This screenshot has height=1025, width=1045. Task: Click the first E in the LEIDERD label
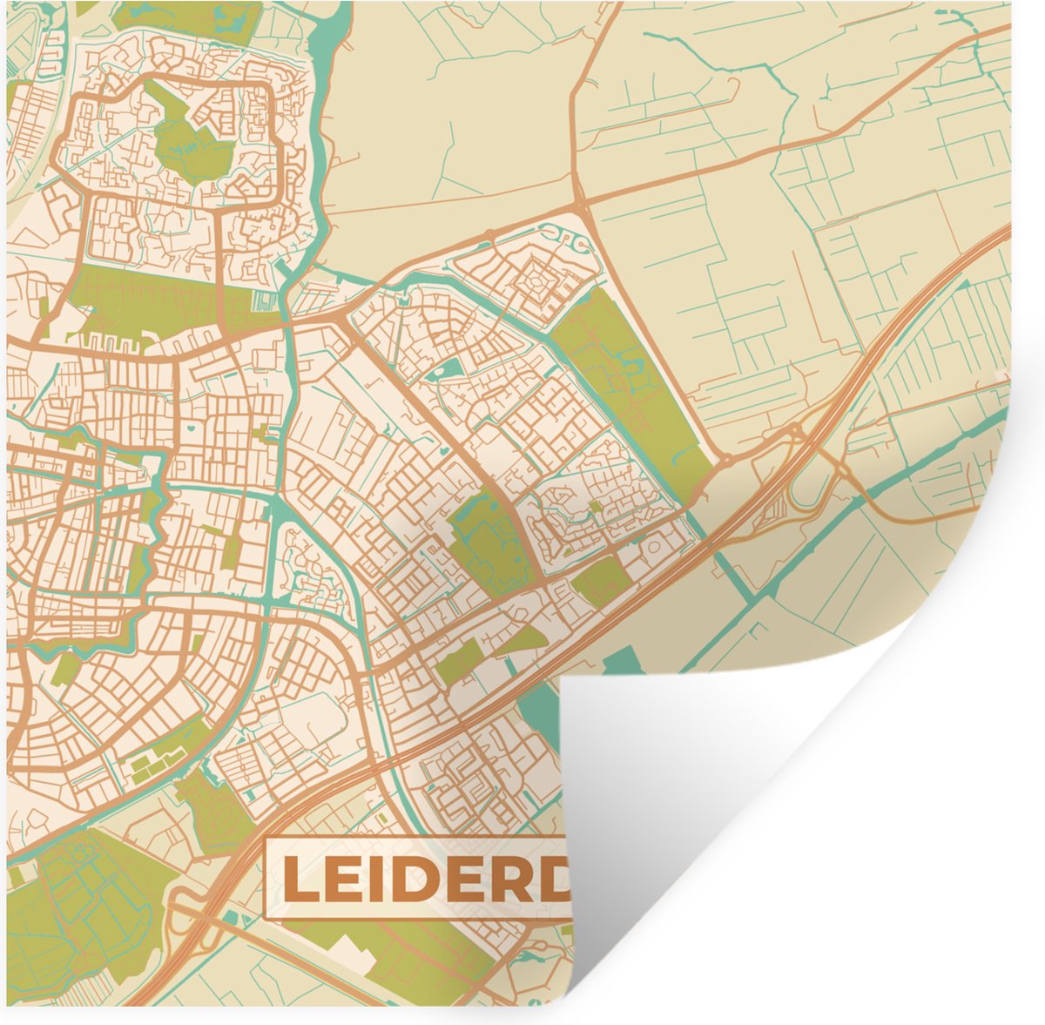click(x=347, y=880)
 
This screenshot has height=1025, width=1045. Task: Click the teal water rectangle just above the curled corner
click(x=621, y=661)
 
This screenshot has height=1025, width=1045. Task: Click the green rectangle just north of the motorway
click(x=601, y=579)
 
